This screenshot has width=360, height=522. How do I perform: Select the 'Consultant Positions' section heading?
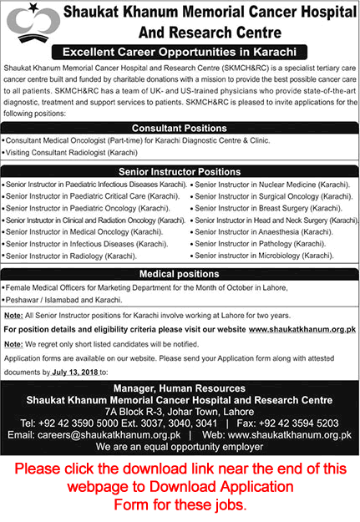[x=180, y=128]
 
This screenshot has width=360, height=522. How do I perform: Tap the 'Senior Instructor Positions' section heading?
[x=180, y=170]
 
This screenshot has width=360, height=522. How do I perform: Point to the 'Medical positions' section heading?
[x=180, y=273]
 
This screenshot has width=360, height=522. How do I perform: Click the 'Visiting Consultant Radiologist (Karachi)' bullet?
[x=70, y=154]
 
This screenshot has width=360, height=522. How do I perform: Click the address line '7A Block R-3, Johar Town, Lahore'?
[x=180, y=401]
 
